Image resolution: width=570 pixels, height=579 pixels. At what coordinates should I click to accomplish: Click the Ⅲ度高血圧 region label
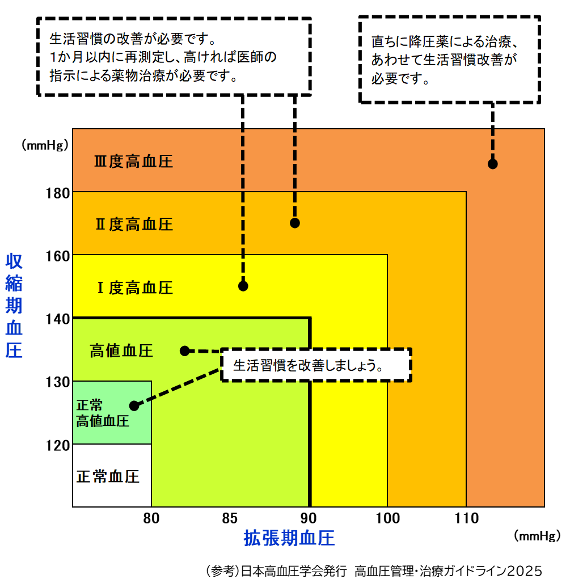click(133, 162)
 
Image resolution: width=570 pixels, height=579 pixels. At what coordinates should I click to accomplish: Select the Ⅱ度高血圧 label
click(133, 225)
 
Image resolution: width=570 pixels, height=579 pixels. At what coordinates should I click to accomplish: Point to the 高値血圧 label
click(121, 351)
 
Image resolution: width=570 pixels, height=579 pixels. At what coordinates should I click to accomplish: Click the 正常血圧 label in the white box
click(108, 476)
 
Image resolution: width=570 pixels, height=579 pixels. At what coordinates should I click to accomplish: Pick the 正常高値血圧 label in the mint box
click(103, 413)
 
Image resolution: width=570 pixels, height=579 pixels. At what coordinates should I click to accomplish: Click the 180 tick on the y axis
click(57, 193)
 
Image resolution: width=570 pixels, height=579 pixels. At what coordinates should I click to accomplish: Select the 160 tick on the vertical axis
click(57, 256)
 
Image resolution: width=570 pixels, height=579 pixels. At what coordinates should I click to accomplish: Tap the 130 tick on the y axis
click(57, 382)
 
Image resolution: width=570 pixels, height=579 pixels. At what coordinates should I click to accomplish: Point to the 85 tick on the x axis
click(230, 518)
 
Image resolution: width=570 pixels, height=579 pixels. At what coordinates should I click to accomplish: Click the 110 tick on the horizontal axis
click(466, 518)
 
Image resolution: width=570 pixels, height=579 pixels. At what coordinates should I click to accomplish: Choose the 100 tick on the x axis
click(387, 518)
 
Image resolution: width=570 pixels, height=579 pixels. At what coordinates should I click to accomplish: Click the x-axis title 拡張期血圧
click(289, 538)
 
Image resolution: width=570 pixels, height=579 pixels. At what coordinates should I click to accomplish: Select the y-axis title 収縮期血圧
click(14, 306)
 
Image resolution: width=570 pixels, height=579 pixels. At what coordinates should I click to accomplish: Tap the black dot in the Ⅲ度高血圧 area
click(492, 164)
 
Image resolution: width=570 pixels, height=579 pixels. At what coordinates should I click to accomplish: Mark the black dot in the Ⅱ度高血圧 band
click(295, 223)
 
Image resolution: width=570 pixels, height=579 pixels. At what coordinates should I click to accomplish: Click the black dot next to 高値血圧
click(184, 350)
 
